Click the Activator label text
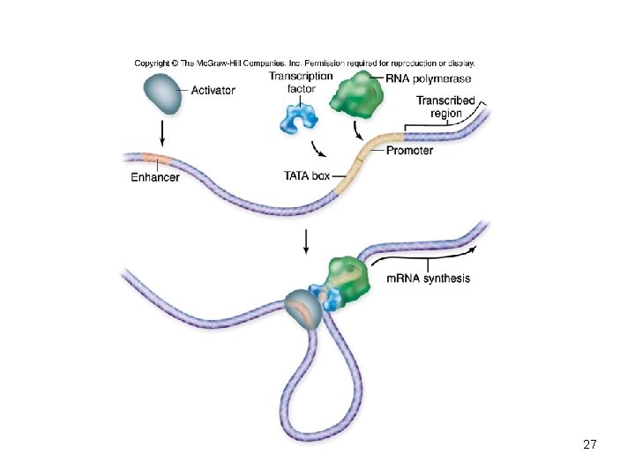213,91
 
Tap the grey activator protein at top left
161,93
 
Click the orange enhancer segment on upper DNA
155,160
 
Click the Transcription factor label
301,82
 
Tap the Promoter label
408,151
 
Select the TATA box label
306,176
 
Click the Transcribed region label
445,107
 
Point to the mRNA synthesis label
429,279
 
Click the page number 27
590,444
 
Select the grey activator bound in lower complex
303,309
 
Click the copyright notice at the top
304,63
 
